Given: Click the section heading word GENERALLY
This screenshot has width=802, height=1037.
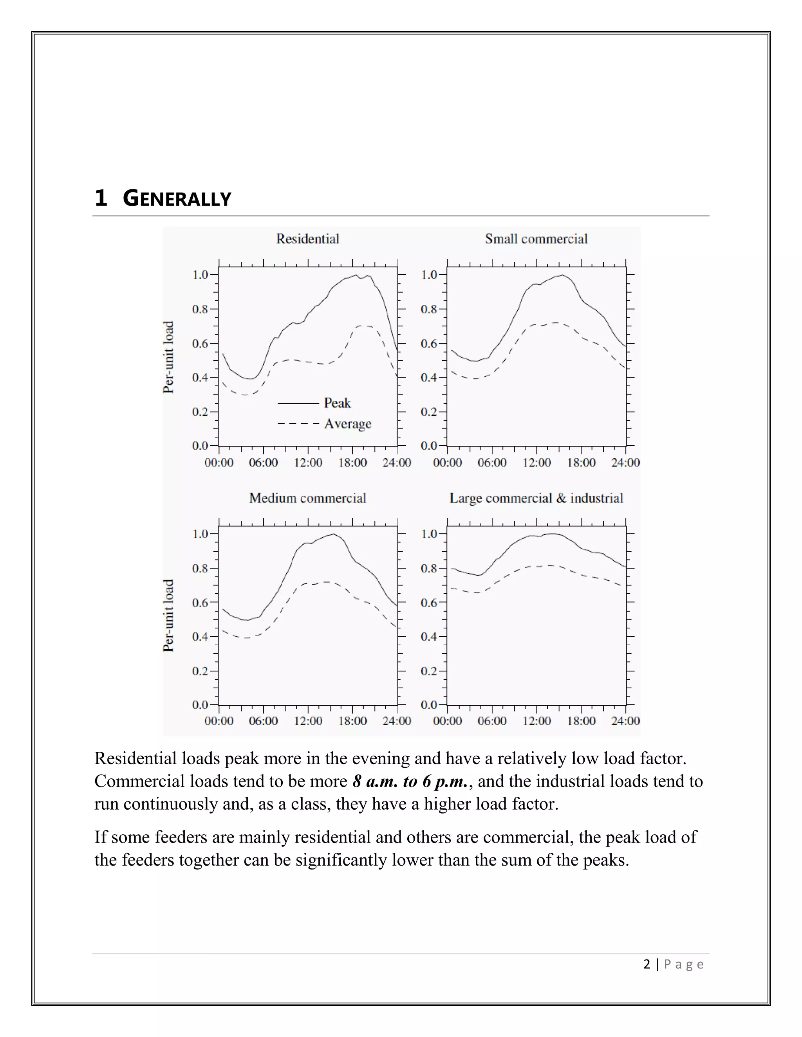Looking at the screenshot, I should pos(177,198).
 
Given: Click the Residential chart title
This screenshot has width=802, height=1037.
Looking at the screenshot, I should pos(307,239).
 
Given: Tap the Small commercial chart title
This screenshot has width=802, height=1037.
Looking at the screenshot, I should pos(536,239).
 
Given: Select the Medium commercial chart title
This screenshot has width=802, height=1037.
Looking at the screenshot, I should pos(307,498).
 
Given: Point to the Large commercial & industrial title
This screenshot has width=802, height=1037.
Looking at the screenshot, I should pos(536,498).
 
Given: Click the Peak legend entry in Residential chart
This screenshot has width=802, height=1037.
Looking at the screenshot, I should pos(337,403).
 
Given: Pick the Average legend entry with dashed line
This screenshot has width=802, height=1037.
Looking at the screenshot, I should pos(347,423).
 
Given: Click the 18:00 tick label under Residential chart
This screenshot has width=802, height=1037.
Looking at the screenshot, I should pos(352,463).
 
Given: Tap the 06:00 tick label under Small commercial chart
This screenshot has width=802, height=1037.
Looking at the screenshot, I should pos(492,463).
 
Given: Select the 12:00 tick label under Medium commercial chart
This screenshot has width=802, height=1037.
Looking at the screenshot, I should pos(308,721).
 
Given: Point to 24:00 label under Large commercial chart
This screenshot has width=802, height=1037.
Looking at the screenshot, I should pos(625,721).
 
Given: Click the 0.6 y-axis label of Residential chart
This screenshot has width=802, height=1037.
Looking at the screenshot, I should pos(200,344).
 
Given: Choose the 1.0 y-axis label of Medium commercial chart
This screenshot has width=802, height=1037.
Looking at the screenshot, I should pos(200,534).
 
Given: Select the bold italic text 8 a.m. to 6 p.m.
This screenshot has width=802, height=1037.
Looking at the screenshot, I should pos(410,781).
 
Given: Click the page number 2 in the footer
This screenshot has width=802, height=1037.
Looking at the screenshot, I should pos(647,964).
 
